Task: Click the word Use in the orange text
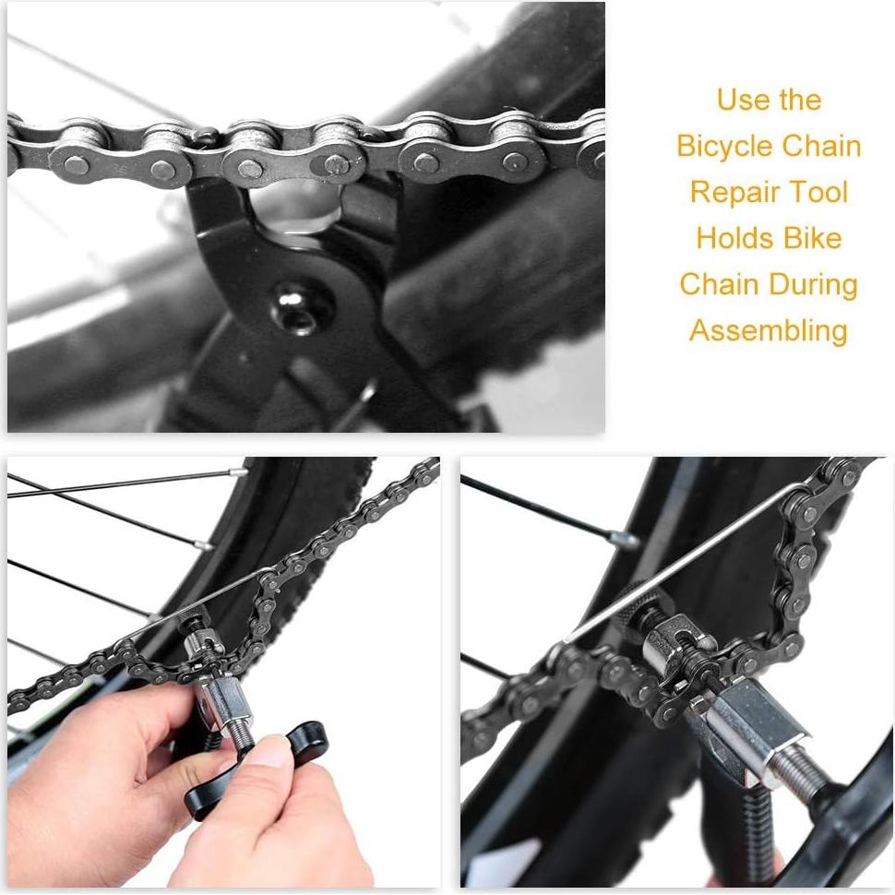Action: click(742, 100)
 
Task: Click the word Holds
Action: click(734, 238)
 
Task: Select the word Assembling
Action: click(769, 330)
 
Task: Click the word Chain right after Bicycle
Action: click(822, 146)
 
